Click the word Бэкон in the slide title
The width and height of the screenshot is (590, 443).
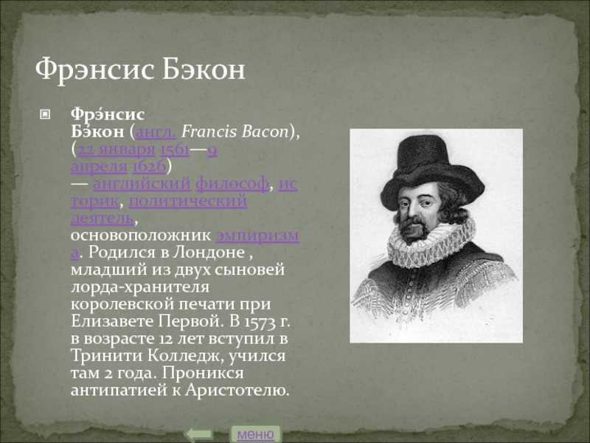pos(204,69)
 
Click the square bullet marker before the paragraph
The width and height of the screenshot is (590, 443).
pos(45,114)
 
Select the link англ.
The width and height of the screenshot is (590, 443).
pos(156,132)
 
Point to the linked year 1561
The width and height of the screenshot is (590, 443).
pos(175,150)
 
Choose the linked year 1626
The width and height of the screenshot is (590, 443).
pos(149,166)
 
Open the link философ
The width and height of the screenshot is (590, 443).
pos(232,184)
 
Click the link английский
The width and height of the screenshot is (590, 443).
pos(142,184)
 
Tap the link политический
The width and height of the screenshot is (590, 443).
pos(188,201)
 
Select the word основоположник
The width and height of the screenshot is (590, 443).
pos(141,236)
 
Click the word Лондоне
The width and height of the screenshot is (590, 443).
pos(209,252)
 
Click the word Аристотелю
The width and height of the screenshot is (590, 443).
pos(237,391)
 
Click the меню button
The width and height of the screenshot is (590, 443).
pos(255,434)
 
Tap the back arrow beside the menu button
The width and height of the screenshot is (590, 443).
pos(199,434)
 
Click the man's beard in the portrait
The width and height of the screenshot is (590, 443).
pos(414,230)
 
